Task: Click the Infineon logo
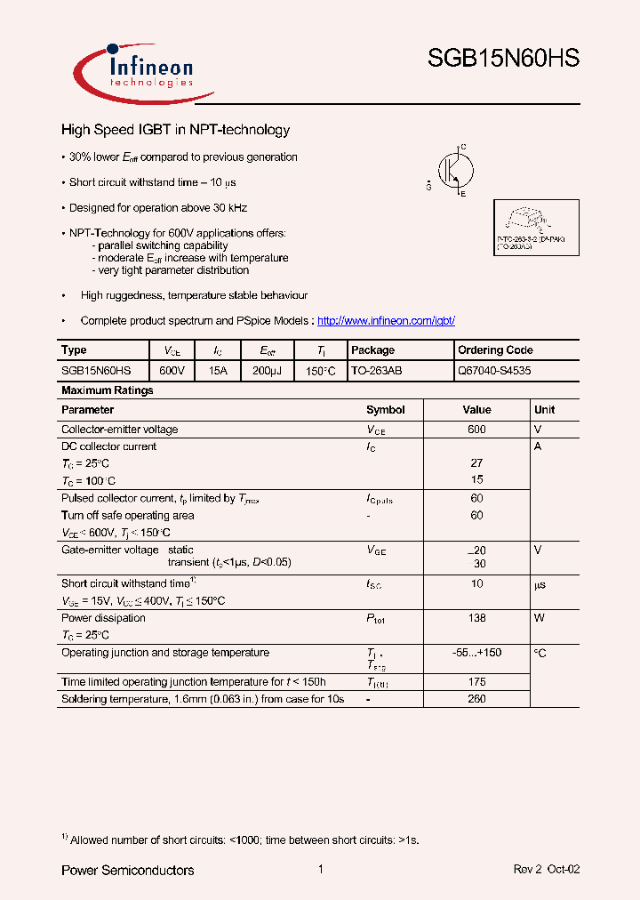[x=142, y=70]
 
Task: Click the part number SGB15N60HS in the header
[x=503, y=59]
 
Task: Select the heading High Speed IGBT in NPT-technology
[x=175, y=130]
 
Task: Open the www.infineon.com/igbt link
[x=386, y=320]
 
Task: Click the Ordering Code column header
[x=495, y=350]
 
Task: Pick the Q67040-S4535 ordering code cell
[x=494, y=370]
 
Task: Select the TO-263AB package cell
[x=376, y=370]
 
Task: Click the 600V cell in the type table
[x=172, y=370]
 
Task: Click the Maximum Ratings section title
[x=107, y=390]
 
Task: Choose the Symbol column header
[x=385, y=410]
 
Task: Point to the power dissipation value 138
[x=476, y=618]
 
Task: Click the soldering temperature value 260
[x=476, y=699]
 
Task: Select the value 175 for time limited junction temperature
[x=476, y=682]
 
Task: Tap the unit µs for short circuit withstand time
[x=540, y=584]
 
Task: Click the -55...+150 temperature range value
[x=476, y=653]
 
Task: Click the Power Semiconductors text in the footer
[x=127, y=870]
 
